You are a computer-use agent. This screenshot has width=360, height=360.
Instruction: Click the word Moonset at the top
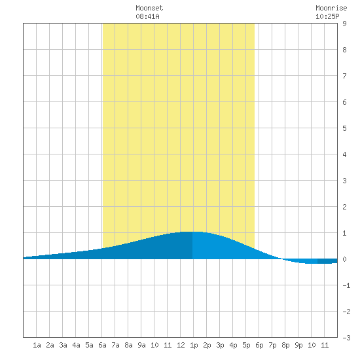(149, 8)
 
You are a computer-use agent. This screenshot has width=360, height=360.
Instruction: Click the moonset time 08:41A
(147, 16)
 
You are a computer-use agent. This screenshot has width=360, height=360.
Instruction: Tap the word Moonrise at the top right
(331, 8)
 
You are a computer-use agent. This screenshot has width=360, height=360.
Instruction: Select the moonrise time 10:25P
(327, 16)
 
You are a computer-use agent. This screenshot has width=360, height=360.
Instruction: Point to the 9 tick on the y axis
(344, 24)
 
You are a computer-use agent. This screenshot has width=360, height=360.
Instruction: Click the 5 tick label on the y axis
(344, 128)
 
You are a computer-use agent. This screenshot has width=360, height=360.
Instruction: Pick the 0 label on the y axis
(344, 259)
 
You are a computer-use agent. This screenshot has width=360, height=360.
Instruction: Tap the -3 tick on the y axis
(346, 338)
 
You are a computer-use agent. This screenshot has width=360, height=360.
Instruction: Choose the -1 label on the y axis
(346, 285)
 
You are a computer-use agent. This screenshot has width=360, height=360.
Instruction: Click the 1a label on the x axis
(37, 345)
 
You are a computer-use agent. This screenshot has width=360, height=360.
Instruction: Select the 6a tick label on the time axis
(102, 345)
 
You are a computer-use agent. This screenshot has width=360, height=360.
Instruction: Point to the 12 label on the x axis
(181, 345)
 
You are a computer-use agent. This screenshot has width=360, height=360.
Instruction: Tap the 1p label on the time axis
(194, 345)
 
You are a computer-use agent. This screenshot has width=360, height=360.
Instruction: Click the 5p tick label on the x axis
(246, 345)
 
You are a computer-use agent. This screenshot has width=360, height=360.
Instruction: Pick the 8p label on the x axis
(285, 345)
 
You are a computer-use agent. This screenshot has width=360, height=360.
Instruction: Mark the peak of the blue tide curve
(192, 232)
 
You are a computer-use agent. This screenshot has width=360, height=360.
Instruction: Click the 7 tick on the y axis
(344, 76)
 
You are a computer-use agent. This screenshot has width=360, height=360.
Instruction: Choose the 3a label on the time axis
(63, 345)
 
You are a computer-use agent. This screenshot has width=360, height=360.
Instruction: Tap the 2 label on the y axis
(344, 207)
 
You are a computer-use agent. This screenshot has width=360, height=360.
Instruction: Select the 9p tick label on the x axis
(298, 345)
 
